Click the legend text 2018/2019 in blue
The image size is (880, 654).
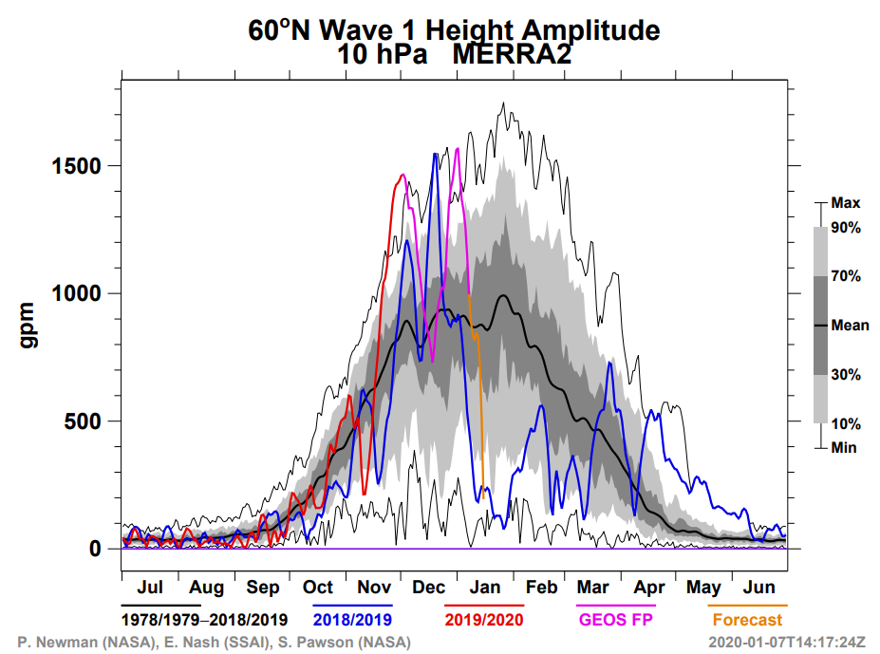(351, 620)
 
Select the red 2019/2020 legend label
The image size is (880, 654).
(484, 620)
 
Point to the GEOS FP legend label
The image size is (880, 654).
(617, 620)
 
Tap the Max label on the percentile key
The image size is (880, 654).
(845, 203)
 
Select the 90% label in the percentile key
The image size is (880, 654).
(846, 228)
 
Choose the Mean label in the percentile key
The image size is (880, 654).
(850, 326)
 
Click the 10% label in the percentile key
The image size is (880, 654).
(846, 423)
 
